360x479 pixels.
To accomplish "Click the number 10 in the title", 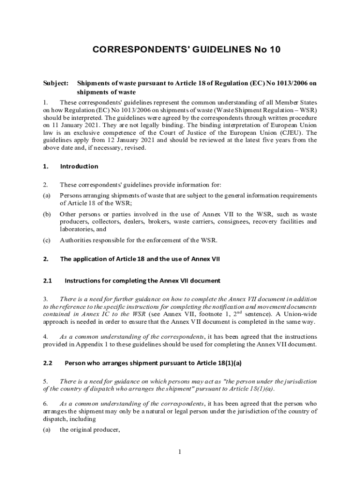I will [274, 49].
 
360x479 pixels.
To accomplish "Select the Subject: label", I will [56, 83].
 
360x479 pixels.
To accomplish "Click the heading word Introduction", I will [79, 166].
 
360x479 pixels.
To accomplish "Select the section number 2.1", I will [47, 281].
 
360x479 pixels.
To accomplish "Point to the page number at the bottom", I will [180, 451].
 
